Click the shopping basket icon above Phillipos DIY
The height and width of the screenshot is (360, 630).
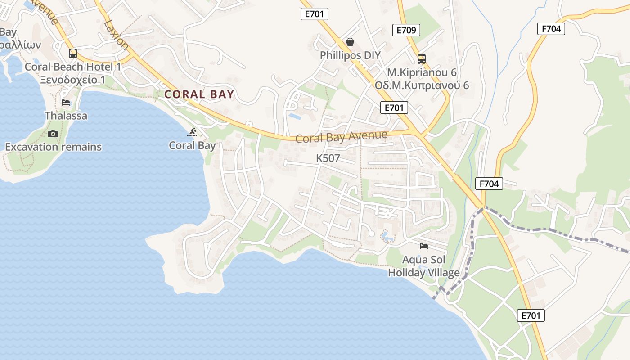tap(350, 42)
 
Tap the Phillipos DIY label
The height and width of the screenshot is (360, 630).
tap(350, 55)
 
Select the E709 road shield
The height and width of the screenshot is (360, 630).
tap(406, 30)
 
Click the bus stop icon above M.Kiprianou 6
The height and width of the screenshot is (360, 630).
tap(422, 58)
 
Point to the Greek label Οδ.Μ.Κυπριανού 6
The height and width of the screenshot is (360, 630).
tap(422, 85)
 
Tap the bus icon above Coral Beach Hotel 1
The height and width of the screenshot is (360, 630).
tap(73, 54)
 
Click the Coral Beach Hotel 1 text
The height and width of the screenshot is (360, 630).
tap(73, 67)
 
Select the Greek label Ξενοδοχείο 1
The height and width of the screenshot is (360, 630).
tap(72, 80)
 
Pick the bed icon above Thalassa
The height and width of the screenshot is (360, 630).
tap(66, 103)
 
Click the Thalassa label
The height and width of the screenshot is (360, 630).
tap(66, 116)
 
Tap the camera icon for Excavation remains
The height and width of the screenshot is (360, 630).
tap(53, 134)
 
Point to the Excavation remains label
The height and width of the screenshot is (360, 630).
tap(53, 147)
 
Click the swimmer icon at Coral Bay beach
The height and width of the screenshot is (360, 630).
tap(193, 132)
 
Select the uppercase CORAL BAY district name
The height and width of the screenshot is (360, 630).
tap(199, 94)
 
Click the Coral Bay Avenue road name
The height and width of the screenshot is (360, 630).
tap(342, 136)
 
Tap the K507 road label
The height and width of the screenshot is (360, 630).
tap(328, 158)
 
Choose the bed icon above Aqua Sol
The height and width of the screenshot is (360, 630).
tap(424, 246)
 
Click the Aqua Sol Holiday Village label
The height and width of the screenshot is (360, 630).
tap(424, 266)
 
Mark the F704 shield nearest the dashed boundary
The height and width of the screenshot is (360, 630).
tap(489, 184)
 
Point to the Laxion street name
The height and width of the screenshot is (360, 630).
tap(116, 35)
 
